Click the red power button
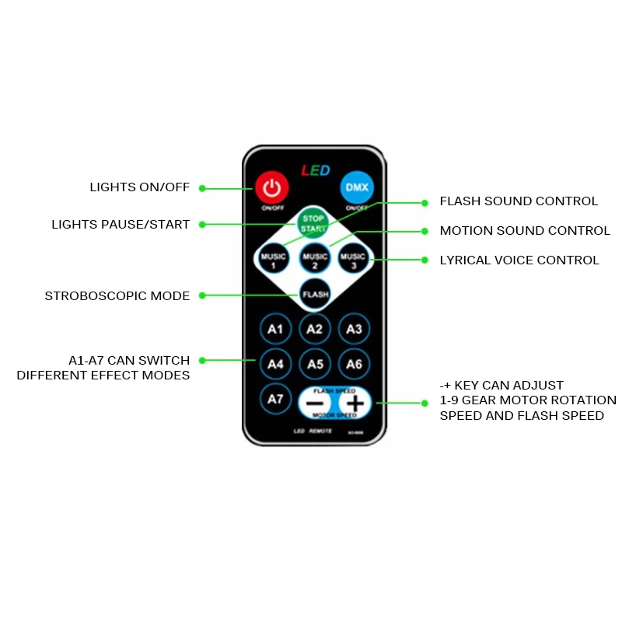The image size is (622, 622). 271,187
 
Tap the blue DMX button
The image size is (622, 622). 356,187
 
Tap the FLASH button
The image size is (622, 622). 315,295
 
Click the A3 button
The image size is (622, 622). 354,329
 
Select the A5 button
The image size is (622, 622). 315,363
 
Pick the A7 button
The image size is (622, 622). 275,399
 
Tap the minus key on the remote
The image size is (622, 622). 315,404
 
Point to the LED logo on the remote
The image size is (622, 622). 316,170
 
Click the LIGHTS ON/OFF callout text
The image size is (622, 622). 140,187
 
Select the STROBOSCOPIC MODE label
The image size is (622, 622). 117,296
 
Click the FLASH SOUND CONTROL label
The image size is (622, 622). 519,201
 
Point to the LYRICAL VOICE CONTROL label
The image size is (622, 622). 519,260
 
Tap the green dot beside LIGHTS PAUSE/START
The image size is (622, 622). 201,225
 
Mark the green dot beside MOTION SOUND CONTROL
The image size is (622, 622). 425,231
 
